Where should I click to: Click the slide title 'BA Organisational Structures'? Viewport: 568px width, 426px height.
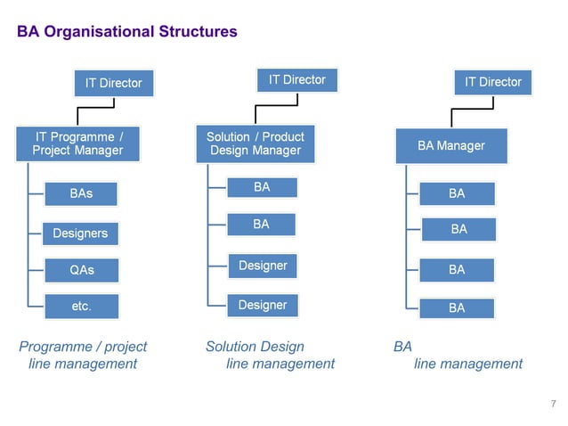pos(127,32)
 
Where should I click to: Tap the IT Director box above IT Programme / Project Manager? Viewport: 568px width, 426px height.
pos(113,83)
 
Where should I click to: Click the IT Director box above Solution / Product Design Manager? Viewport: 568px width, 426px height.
pos(296,80)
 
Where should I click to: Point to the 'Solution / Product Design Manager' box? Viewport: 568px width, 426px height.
pos(256,143)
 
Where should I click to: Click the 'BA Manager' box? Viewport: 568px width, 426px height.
pos(451,145)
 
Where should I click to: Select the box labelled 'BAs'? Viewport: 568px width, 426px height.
pos(81,193)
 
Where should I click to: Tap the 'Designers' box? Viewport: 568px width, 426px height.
pos(80,233)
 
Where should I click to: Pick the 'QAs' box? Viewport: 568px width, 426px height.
pos(81,269)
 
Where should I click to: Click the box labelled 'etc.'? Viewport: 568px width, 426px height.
pos(81,306)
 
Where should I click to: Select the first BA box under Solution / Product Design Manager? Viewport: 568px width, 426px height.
pos(261,187)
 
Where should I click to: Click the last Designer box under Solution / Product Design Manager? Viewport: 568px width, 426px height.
pos(262,305)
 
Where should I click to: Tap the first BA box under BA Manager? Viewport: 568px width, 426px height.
pos(457,193)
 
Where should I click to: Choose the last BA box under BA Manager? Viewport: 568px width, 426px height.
pos(457,307)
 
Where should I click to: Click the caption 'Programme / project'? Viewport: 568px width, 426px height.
pos(83,346)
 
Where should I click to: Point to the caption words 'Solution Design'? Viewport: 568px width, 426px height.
pos(255,346)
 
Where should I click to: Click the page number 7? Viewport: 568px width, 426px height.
pos(552,406)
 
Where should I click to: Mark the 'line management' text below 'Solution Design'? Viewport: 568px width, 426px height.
pos(280,364)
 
